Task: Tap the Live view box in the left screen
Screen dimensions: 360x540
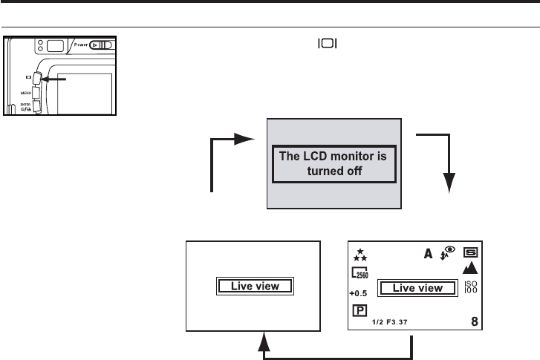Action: point(256,287)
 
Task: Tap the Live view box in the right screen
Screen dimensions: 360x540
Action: point(417,287)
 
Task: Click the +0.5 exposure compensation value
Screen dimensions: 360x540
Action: point(359,292)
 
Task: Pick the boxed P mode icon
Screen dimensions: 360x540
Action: point(358,310)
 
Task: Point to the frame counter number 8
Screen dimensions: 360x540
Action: point(474,321)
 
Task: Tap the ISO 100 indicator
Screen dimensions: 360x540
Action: point(471,287)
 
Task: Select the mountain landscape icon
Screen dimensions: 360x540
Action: point(471,268)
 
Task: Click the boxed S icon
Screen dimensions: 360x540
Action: point(471,252)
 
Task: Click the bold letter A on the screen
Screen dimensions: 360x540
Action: point(429,254)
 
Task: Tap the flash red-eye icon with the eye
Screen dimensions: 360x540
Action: point(448,252)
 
